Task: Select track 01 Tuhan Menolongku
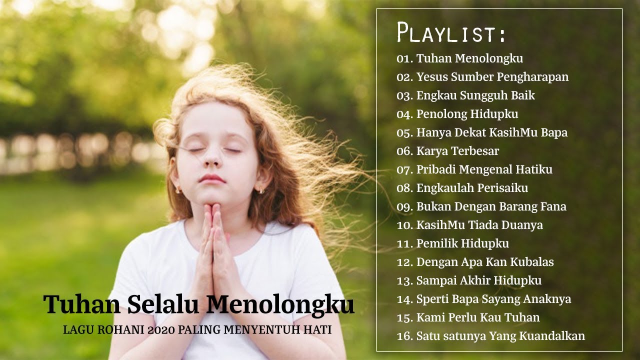[469, 58]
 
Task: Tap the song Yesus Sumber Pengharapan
[492, 77]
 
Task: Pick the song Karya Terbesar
[457, 150]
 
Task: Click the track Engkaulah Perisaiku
[472, 188]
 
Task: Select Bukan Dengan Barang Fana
[491, 206]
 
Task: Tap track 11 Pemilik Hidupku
[462, 243]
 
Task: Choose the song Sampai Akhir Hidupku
[478, 280]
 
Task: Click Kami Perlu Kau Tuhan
[477, 317]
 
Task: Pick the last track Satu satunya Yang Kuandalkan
[500, 336]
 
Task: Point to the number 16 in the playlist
[403, 336]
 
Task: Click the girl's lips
[212, 178]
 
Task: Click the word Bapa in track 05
[554, 132]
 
